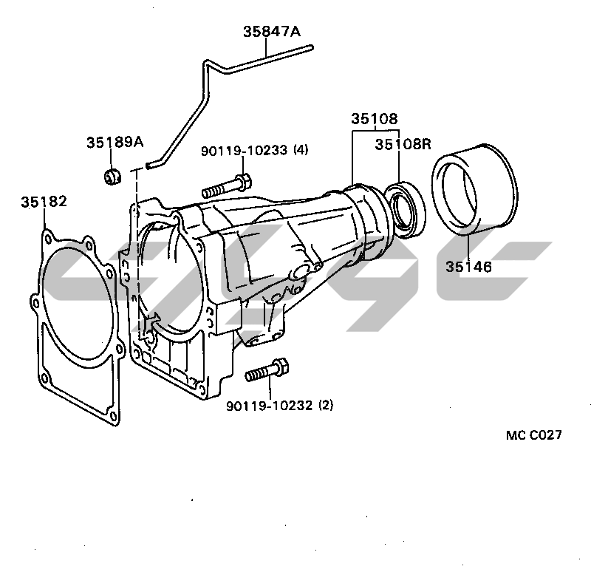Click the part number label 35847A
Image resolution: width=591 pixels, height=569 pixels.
point(272,31)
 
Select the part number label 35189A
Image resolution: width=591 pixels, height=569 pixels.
point(115,142)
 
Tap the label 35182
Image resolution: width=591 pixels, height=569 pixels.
point(44,201)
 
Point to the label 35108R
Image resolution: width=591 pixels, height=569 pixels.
point(403,143)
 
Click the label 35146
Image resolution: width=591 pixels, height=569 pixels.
point(468,267)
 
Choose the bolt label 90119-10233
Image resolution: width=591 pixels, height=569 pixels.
point(244,151)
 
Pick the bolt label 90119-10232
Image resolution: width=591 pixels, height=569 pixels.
point(269,406)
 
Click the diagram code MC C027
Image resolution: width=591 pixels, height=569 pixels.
point(533,435)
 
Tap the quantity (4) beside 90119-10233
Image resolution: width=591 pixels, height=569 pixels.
point(301,150)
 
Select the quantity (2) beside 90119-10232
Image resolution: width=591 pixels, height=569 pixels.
point(326,406)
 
